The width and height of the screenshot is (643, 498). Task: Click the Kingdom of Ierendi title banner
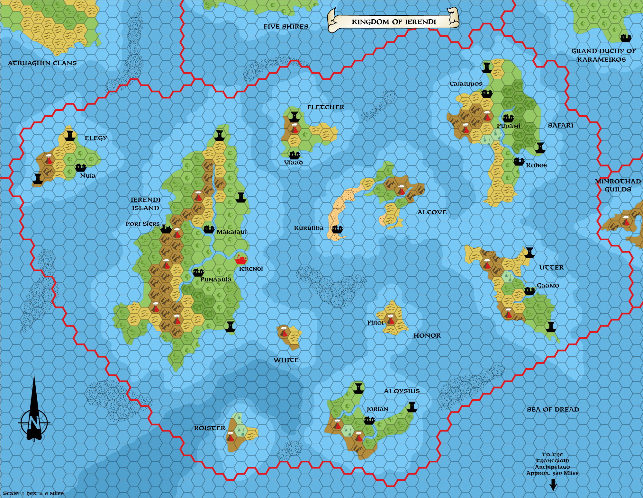394,22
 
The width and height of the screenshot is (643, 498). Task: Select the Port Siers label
142,224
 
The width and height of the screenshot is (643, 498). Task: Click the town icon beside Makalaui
209,229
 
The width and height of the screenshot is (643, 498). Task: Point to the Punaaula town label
216,280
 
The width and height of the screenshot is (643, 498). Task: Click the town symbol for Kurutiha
337,229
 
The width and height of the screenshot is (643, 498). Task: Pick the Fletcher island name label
325,107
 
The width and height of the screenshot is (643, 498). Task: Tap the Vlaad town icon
294,155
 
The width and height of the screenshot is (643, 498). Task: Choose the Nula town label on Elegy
88,175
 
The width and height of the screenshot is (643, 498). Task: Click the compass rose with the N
34,422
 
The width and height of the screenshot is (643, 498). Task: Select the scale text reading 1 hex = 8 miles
33,493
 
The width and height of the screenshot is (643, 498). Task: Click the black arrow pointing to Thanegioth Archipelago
553,485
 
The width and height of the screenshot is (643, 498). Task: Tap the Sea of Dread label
553,409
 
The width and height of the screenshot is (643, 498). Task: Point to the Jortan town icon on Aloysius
369,420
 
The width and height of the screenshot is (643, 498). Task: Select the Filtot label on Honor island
376,323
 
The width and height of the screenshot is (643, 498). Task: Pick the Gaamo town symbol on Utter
530,291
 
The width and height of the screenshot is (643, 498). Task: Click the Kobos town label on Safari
536,165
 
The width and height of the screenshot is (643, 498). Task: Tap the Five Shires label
286,27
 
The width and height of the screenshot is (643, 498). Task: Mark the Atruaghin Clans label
42,63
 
